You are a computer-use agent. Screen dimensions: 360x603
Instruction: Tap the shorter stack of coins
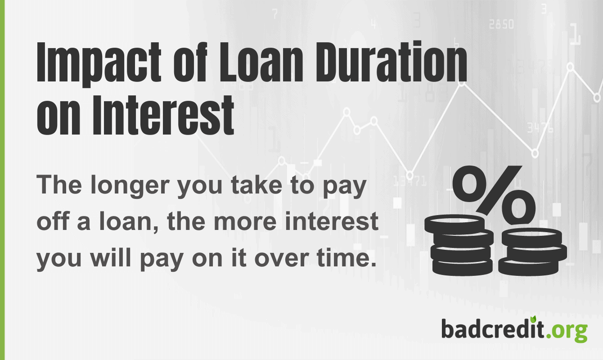click(532, 252)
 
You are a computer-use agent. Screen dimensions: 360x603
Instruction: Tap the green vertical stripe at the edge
click(2, 180)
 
